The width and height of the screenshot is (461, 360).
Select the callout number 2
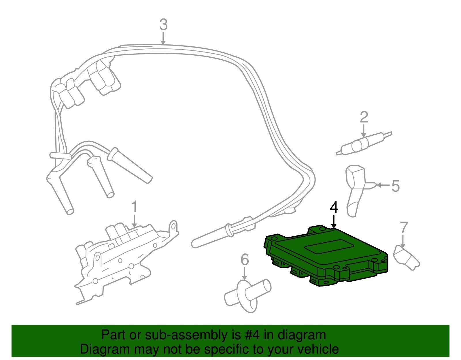pyautogui.click(x=364, y=117)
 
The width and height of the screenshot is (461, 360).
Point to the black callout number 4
pyautogui.click(x=334, y=207)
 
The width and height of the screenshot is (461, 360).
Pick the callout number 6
pyautogui.click(x=245, y=260)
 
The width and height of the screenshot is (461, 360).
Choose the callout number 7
pyautogui.click(x=404, y=228)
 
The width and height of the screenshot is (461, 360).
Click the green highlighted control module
pyautogui.click(x=326, y=257)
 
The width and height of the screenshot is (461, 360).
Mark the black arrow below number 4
pyautogui.click(x=334, y=222)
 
